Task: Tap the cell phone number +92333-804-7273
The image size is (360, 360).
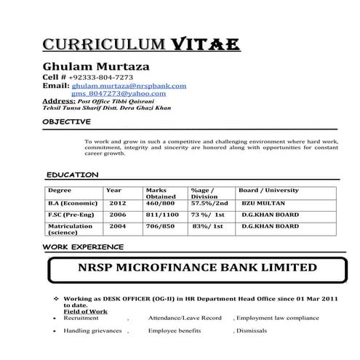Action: point(101,77)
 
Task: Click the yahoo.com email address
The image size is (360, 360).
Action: point(113,93)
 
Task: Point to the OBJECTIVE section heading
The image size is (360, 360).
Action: point(67,121)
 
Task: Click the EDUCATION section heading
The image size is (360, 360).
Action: point(72,175)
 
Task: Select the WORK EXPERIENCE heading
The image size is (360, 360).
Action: point(82,247)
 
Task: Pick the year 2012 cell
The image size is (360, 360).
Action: point(118,203)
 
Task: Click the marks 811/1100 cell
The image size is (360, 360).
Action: point(161,215)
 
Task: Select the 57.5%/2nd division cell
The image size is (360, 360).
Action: point(209,203)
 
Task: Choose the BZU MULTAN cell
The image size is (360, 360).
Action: point(263,203)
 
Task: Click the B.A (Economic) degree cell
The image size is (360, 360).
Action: point(72,203)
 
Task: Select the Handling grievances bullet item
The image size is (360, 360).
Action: point(92,331)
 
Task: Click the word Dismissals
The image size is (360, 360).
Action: point(252,331)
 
